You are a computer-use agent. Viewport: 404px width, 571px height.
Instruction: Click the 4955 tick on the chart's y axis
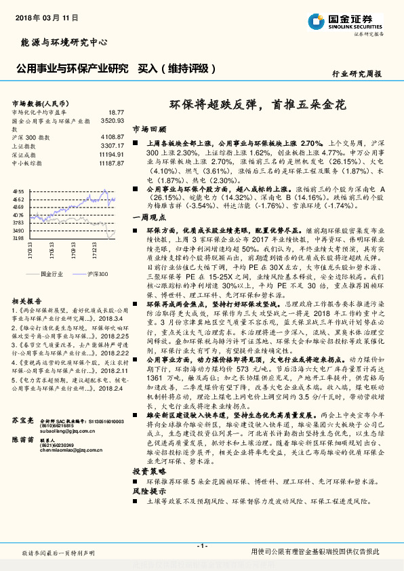point(18,192)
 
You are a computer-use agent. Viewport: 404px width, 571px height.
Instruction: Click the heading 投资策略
point(148,470)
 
